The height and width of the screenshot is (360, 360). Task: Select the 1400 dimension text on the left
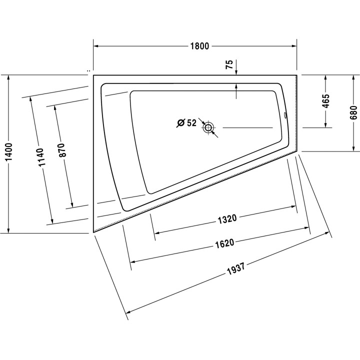[x=10, y=154]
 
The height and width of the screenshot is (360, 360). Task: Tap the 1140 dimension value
[x=40, y=157]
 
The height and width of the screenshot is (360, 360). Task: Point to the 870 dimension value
[x=62, y=151]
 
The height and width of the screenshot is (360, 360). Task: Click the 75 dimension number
[x=229, y=64]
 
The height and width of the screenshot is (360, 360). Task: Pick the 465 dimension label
[x=325, y=101]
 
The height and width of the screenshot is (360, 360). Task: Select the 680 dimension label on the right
[x=353, y=113]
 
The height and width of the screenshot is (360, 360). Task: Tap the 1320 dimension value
[x=226, y=218]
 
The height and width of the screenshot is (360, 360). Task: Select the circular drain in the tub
[x=208, y=127]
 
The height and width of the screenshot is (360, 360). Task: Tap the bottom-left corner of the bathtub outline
[x=93, y=233]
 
